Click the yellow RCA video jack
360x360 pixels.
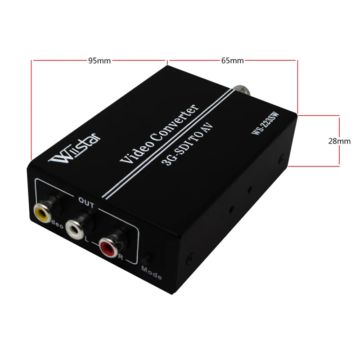(x=41, y=212)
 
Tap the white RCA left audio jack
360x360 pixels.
(x=74, y=229)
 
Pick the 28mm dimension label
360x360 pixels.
(x=339, y=141)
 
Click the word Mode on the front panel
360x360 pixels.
(x=151, y=273)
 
